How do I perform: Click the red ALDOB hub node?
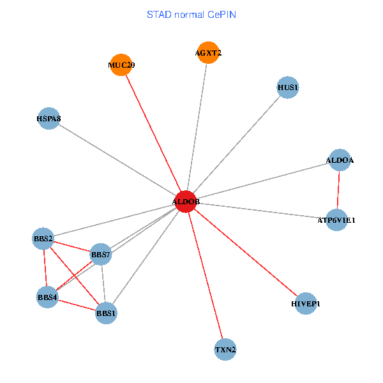point(185,202)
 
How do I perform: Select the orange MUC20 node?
point(121,64)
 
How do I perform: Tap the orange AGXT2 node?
point(208,53)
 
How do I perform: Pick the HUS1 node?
point(288,87)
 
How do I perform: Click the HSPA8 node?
point(49,119)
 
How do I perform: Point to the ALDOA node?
point(340,160)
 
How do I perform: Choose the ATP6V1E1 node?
point(336,220)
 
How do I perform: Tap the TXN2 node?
point(225,350)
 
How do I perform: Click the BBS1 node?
point(106,313)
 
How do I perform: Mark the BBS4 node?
point(47,297)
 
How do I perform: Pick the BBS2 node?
point(43,239)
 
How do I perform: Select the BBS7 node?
point(101,255)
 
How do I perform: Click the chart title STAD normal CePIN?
point(191,14)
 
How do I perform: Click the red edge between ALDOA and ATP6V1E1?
point(338,190)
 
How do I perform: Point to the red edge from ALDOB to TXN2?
point(206,276)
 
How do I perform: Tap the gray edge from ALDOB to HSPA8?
point(117,160)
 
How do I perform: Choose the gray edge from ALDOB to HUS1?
point(236,144)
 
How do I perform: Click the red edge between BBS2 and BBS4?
point(45,268)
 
